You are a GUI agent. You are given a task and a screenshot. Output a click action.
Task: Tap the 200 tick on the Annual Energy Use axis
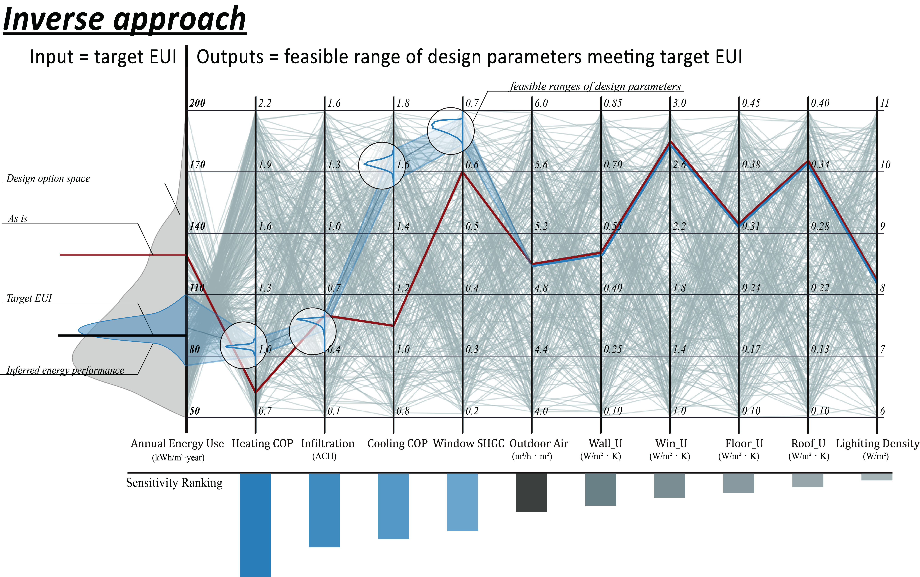pyautogui.click(x=197, y=103)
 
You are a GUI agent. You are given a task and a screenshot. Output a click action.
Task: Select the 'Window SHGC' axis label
pyautogui.click(x=468, y=443)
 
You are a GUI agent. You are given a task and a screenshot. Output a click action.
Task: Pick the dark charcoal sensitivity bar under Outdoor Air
pyautogui.click(x=531, y=492)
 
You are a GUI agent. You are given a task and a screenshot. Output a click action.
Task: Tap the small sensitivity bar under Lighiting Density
pyautogui.click(x=876, y=477)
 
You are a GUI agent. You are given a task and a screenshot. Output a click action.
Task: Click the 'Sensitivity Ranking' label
pyautogui.click(x=174, y=483)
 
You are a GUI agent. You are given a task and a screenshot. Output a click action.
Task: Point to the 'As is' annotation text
pyautogui.click(x=18, y=219)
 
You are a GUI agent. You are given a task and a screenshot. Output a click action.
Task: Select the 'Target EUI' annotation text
pyautogui.click(x=29, y=298)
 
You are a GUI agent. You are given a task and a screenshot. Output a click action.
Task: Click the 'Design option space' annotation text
pyautogui.click(x=48, y=179)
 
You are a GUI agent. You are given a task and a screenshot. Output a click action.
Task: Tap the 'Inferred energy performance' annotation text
pyautogui.click(x=65, y=370)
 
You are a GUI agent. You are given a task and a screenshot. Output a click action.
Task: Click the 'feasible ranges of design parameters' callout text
pyautogui.click(x=595, y=87)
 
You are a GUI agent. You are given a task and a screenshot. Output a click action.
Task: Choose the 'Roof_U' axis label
pyautogui.click(x=808, y=443)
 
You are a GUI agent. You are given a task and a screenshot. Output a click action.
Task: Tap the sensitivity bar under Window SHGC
pyautogui.click(x=462, y=502)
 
